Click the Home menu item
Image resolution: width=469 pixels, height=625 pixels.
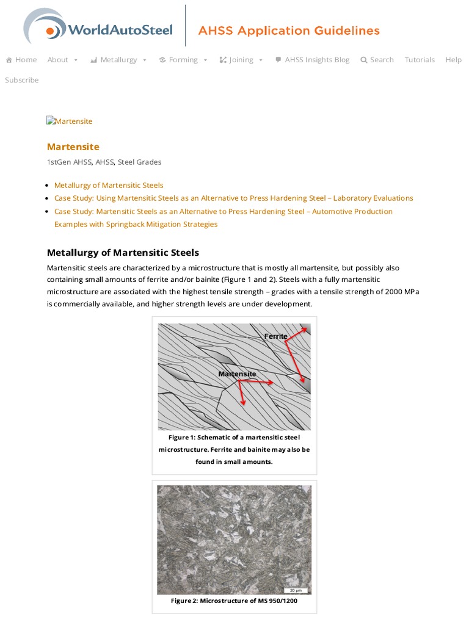pyautogui.click(x=21, y=60)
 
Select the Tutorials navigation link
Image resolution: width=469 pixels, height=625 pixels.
pyautogui.click(x=420, y=60)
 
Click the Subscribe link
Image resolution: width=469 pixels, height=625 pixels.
pyautogui.click(x=22, y=80)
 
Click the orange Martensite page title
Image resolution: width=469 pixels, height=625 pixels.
pyautogui.click(x=73, y=146)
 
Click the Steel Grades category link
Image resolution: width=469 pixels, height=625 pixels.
pyautogui.click(x=139, y=162)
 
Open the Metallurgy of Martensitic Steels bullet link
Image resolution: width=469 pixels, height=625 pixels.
pyautogui.click(x=109, y=185)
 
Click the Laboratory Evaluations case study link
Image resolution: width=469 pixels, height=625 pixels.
pyautogui.click(x=233, y=198)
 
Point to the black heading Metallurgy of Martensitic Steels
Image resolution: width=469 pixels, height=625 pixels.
pyautogui.click(x=123, y=253)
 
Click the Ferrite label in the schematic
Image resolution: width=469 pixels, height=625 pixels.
pyautogui.click(x=276, y=336)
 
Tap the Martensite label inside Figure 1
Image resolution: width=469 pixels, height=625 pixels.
pyautogui.click(x=237, y=374)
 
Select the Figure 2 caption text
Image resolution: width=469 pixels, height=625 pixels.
pyautogui.click(x=234, y=601)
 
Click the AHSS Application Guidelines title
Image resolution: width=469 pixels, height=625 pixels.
pyautogui.click(x=289, y=31)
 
